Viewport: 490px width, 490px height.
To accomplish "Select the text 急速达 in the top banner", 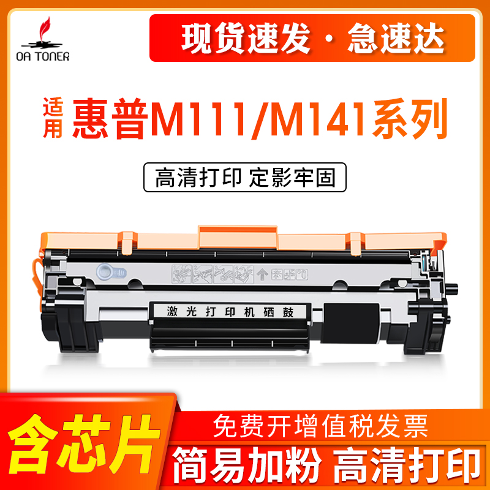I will tap(393, 39).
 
